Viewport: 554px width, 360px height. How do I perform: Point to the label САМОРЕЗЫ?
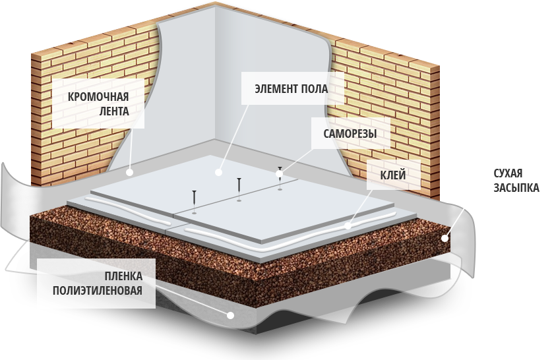350,133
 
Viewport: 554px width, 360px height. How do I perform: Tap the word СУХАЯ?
508,174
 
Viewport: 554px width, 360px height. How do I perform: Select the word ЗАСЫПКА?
516,189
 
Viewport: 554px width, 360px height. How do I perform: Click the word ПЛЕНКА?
123,275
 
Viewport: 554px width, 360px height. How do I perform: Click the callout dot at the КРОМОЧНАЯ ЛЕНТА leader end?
129,172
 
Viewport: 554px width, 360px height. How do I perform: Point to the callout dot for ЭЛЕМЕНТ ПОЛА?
218,172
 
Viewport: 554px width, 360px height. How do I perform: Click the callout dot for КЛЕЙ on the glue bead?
348,226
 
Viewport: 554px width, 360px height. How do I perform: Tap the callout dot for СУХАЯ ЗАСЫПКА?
446,239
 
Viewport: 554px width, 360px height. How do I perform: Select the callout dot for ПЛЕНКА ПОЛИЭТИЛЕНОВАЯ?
230,315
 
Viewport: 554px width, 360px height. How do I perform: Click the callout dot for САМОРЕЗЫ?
279,173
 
